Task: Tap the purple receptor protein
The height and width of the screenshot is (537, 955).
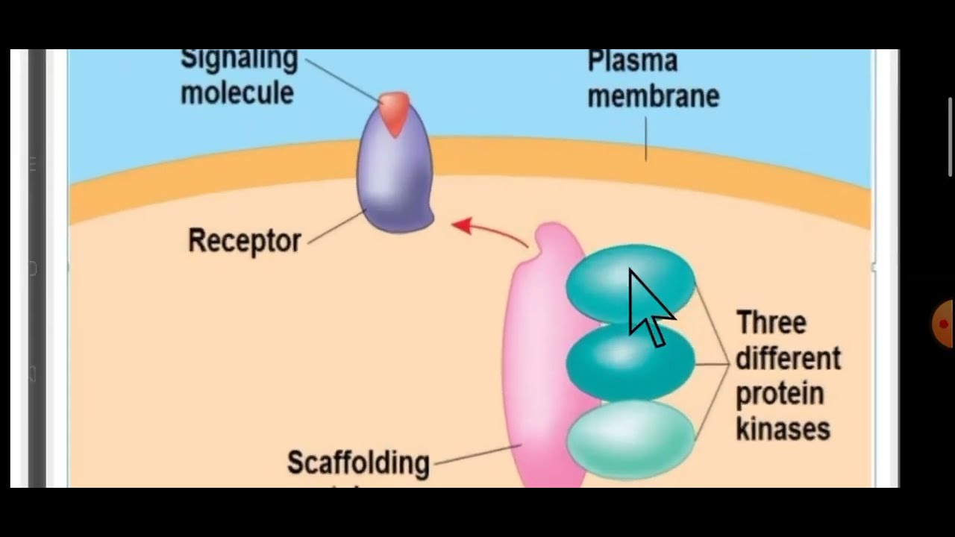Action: [x=394, y=179]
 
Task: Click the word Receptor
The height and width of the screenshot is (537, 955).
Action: [x=245, y=241]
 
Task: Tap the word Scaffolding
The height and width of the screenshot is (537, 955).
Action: [x=358, y=462]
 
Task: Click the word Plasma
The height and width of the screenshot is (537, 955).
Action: [x=632, y=61]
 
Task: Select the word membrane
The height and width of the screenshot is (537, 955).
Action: [x=653, y=96]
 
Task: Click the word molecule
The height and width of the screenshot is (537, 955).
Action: [x=237, y=93]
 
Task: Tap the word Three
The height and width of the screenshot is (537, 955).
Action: [x=771, y=323]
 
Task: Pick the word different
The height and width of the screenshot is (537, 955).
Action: [x=788, y=359]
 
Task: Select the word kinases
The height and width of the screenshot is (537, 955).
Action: [x=783, y=430]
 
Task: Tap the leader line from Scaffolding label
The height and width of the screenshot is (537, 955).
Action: [x=477, y=454]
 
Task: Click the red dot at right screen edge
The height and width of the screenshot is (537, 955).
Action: [x=944, y=324]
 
